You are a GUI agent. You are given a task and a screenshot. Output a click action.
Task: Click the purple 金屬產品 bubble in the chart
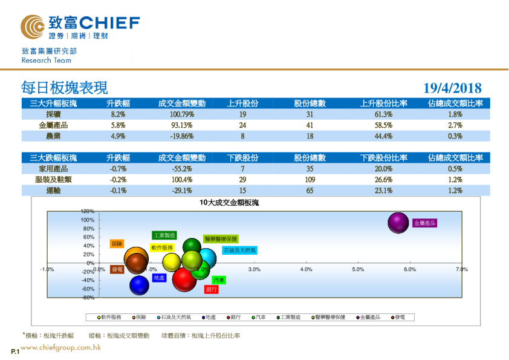click(398, 223)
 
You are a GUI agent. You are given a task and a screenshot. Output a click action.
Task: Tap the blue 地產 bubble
click(140, 284)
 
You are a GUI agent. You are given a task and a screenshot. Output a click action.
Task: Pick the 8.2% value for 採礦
click(118, 114)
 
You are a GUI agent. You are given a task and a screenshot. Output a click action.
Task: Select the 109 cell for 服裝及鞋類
click(310, 179)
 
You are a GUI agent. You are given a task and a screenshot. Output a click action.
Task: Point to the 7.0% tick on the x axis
click(462, 269)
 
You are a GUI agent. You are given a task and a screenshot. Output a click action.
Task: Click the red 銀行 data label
click(211, 290)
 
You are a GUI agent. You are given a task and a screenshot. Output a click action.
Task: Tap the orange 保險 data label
click(117, 244)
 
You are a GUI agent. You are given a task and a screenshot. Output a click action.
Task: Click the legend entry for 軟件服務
click(111, 316)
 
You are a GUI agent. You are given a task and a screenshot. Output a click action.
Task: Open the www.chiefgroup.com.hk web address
click(60, 348)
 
